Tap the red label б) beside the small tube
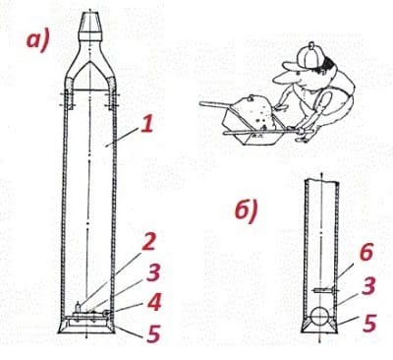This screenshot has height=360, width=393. pos(247,211)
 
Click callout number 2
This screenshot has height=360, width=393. pos(149,242)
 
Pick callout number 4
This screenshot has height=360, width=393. pos(154,302)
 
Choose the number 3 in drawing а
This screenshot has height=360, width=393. pos(153,272)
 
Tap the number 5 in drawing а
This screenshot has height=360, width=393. pos(153,333)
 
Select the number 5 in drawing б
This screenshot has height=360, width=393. pos(369,324)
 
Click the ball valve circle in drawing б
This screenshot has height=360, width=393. pos(321,317)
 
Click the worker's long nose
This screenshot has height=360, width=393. pos(282,78)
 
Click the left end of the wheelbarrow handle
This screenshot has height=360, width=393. pos(200,104)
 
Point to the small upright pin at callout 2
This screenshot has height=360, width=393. pos(78,307)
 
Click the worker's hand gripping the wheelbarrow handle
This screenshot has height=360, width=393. pos(302,131)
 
